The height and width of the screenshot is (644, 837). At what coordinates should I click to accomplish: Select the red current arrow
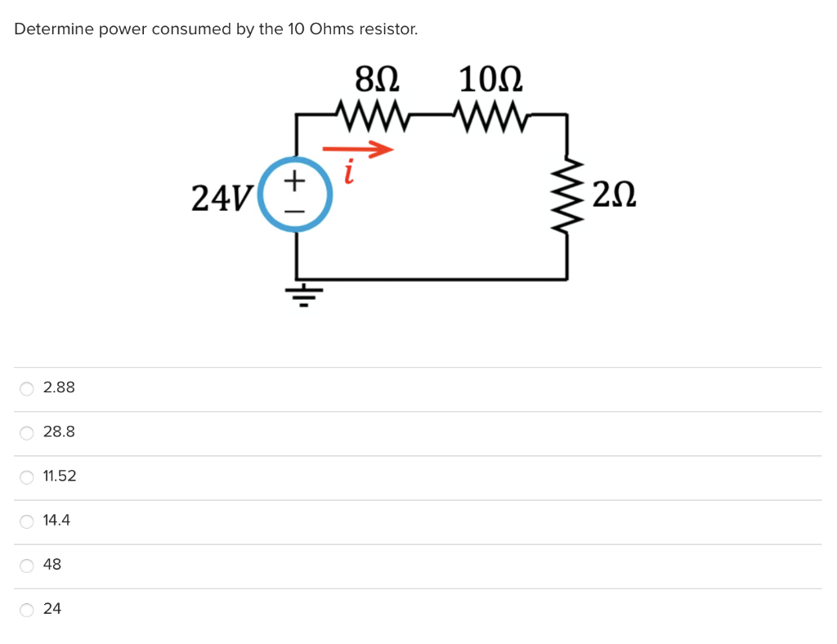point(357,150)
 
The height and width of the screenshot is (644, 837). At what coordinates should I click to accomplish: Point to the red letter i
point(349,172)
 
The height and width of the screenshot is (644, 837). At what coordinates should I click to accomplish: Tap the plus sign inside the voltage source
point(295,177)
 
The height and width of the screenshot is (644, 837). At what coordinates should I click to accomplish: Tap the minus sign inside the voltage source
point(295,212)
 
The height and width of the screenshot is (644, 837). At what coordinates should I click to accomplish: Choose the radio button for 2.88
point(27,388)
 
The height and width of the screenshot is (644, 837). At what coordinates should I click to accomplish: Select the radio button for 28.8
point(27,432)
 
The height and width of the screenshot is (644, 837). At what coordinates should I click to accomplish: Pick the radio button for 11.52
point(27,476)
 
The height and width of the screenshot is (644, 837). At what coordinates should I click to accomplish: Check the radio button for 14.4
point(27,521)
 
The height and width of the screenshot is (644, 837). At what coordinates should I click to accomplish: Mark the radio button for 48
point(27,565)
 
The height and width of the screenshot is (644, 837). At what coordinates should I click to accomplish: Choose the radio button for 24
point(27,609)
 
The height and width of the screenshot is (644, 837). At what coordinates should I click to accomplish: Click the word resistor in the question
point(388,29)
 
